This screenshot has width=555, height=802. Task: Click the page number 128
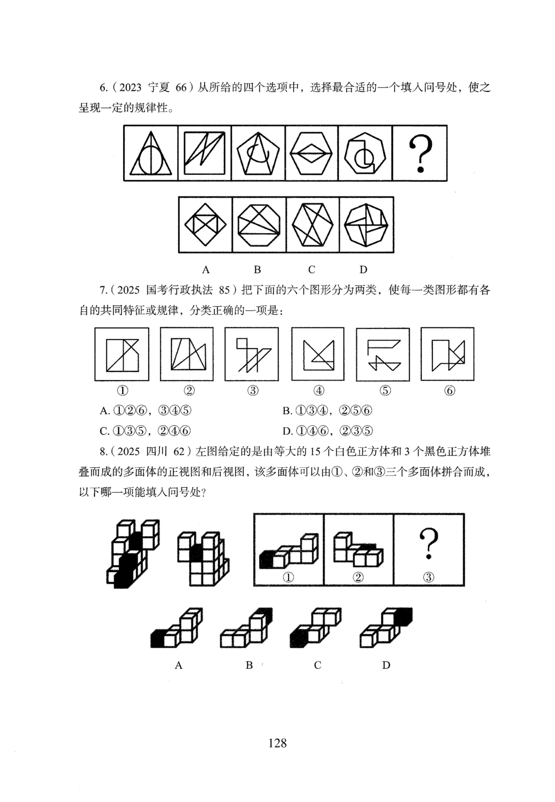point(277,743)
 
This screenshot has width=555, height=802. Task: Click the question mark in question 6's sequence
point(420,153)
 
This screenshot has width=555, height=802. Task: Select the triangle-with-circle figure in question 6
point(150,153)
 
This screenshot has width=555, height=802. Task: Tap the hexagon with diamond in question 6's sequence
point(312,153)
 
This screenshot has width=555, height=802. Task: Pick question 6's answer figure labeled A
point(205,225)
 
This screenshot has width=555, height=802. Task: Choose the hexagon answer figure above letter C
point(312,225)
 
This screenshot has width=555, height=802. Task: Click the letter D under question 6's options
point(363,270)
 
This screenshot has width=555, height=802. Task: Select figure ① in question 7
point(122,354)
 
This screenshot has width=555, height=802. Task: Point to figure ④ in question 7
point(318,354)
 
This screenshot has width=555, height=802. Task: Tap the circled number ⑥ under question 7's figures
point(450,391)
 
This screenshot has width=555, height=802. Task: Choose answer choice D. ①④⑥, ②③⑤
point(327,431)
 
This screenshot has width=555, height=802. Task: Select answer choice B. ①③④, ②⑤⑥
point(327,411)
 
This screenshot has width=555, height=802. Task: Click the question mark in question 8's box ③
point(428,544)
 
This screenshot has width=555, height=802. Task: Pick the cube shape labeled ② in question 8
point(359,549)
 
